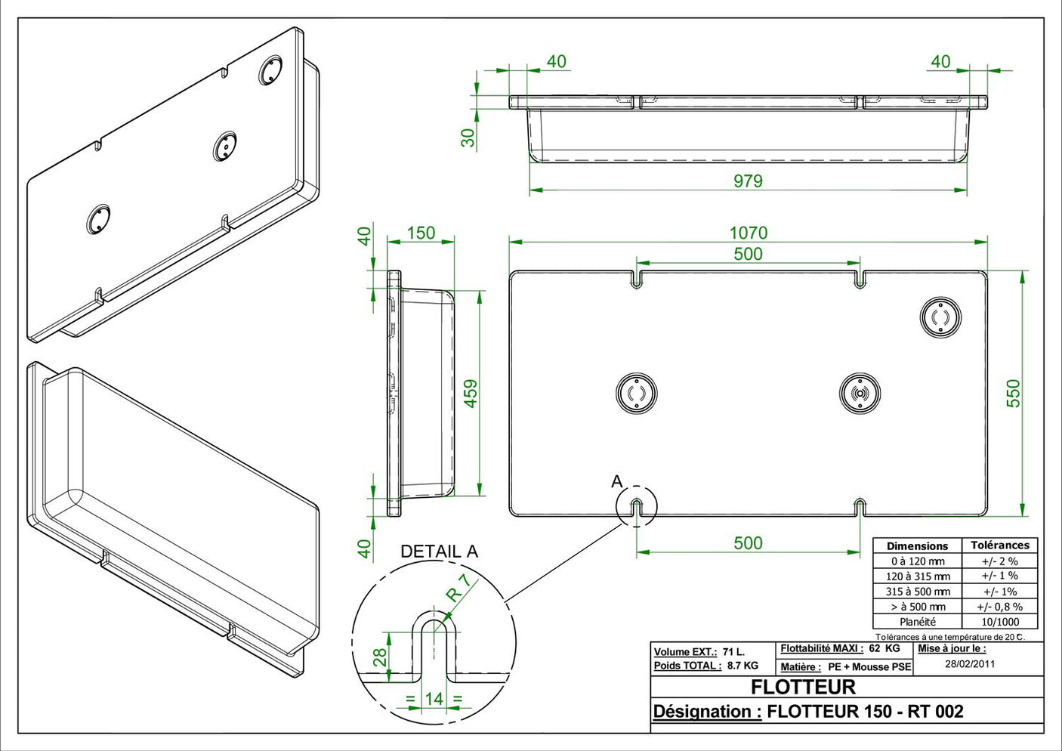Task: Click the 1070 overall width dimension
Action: point(748,233)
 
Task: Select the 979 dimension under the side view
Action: point(748,181)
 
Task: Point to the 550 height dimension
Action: point(1013,393)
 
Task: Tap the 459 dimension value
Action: point(471,394)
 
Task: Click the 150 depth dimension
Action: point(421,233)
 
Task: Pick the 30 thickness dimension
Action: point(468,138)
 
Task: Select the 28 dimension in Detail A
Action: point(380,657)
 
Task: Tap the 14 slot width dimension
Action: point(434,699)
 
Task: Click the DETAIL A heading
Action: point(439,552)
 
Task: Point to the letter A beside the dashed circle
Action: point(616,481)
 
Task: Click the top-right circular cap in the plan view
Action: point(940,317)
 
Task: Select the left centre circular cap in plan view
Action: point(636,394)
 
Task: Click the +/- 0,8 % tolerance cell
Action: point(999,607)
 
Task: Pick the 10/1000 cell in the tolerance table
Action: point(999,622)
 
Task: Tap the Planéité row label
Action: point(917,622)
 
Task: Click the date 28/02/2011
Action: point(970,664)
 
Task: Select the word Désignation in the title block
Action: point(706,712)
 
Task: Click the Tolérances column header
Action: point(999,545)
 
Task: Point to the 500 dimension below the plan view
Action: point(748,542)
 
